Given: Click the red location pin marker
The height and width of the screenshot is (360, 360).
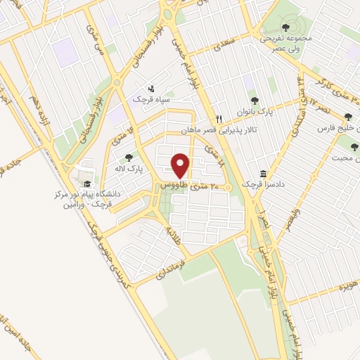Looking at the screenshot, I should click(x=181, y=165).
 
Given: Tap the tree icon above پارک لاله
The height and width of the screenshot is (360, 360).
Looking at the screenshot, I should click(x=128, y=158).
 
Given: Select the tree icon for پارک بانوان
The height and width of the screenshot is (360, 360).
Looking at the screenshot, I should click(x=254, y=101).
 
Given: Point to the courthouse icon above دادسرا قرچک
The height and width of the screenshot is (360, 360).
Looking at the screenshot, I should click(x=263, y=174).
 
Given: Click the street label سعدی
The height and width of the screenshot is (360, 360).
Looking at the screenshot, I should click(x=227, y=47).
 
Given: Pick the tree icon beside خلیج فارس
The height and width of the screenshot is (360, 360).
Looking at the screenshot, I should click(x=349, y=117).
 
